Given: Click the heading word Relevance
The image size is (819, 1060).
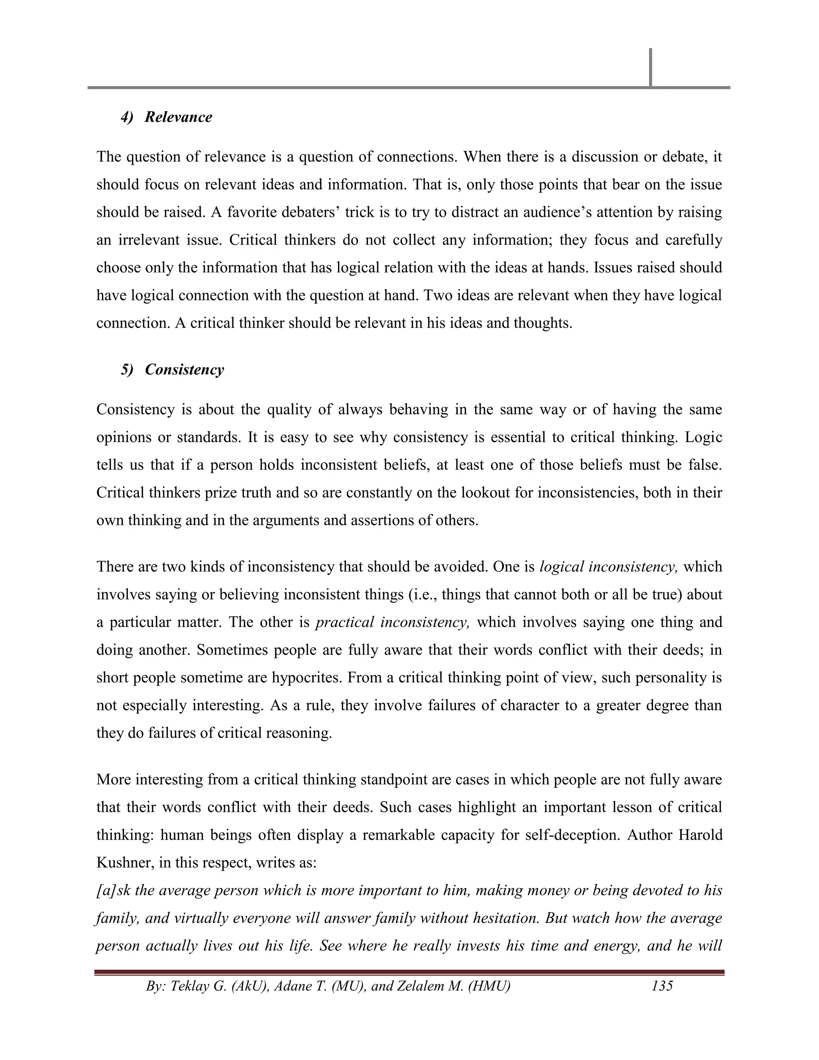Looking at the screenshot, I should point(178,117).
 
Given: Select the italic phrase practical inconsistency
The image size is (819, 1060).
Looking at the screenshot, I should point(392,622).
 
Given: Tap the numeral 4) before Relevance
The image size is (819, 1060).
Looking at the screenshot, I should point(127,117).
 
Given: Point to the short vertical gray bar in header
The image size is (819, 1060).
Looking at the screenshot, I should point(650,68).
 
